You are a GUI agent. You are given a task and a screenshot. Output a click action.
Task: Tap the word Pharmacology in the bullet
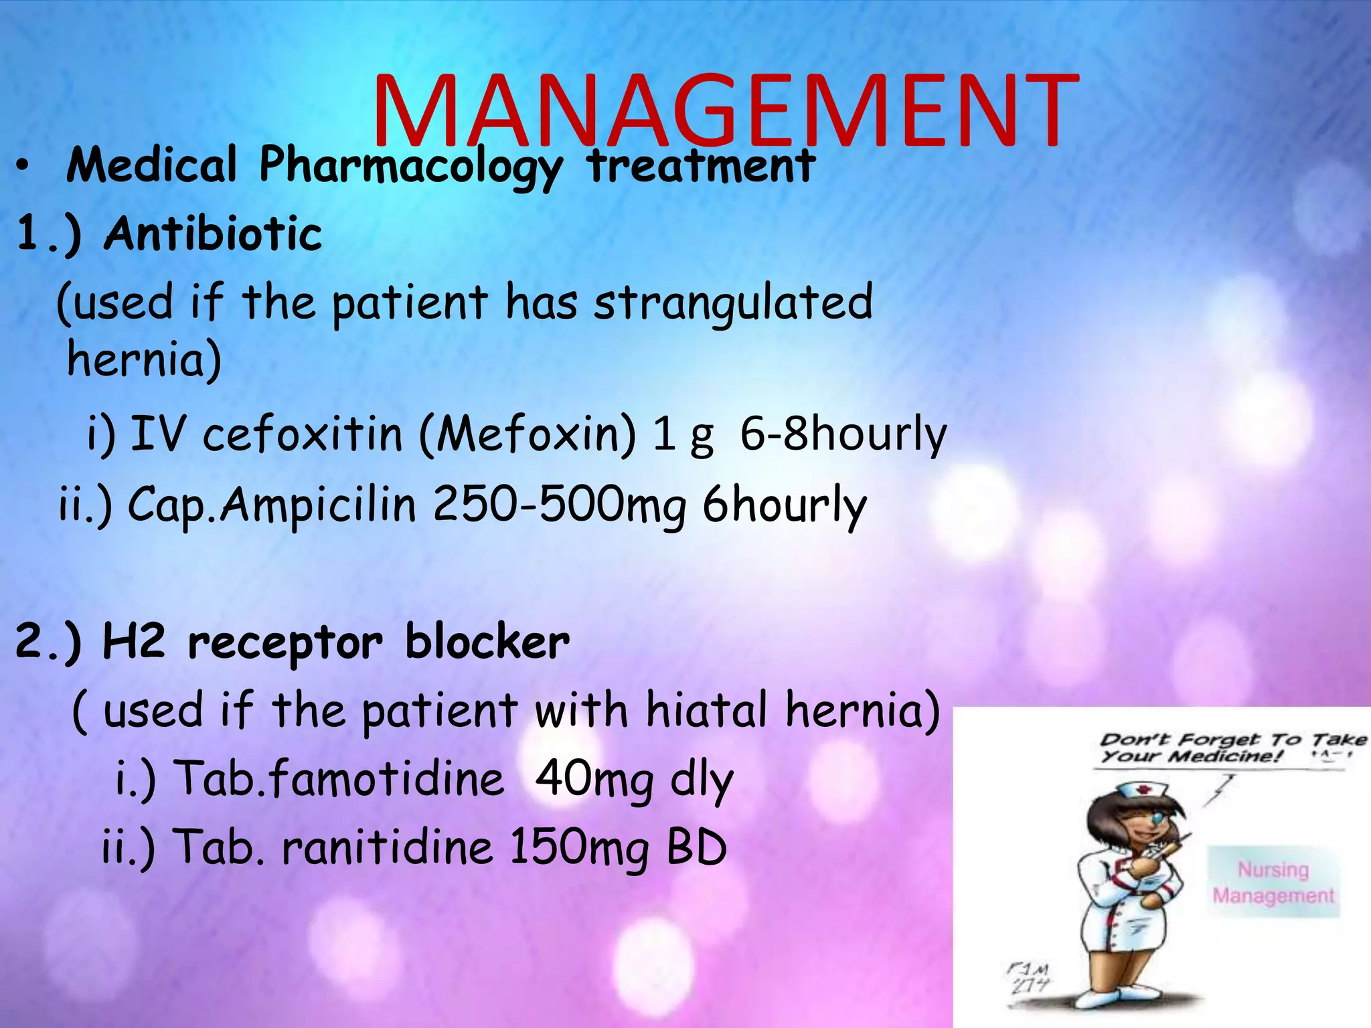410,165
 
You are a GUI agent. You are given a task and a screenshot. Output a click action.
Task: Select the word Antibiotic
213,234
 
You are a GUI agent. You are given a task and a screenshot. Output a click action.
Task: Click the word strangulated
733,303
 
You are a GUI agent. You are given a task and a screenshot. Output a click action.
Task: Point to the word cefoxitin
303,434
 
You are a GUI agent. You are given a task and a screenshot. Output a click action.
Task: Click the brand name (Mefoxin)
528,434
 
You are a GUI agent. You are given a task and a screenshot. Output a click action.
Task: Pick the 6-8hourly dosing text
843,434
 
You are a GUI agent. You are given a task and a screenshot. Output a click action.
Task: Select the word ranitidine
388,847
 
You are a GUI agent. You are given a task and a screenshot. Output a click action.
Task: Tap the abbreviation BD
696,847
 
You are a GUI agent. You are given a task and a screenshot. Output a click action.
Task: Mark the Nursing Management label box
1273,882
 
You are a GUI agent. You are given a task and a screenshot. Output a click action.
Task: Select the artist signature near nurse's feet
1030,976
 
